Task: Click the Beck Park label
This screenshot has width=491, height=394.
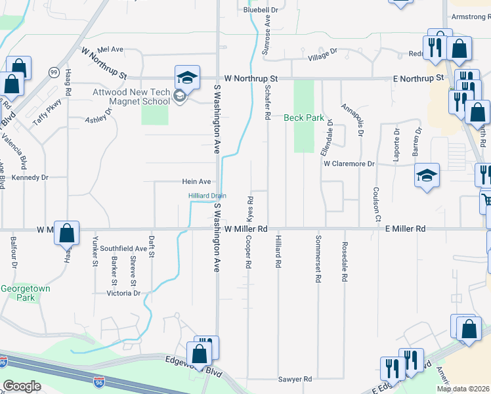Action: point(304,118)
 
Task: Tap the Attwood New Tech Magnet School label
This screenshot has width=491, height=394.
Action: point(132,97)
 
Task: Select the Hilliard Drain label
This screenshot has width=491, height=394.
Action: point(207,196)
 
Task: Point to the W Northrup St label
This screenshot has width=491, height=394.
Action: point(251,78)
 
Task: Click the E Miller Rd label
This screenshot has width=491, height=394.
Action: point(401,229)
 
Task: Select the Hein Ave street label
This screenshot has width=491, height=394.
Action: point(196,181)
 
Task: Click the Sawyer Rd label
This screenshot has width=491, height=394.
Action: point(294,379)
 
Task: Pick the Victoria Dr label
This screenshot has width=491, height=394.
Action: point(123,293)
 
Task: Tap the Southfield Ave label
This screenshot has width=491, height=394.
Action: point(123,249)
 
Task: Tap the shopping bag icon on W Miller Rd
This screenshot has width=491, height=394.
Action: point(67,232)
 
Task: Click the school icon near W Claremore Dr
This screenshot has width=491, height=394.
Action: point(427,175)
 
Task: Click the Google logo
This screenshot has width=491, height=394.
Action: point(22,386)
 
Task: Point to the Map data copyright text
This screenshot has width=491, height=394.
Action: point(463,389)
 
